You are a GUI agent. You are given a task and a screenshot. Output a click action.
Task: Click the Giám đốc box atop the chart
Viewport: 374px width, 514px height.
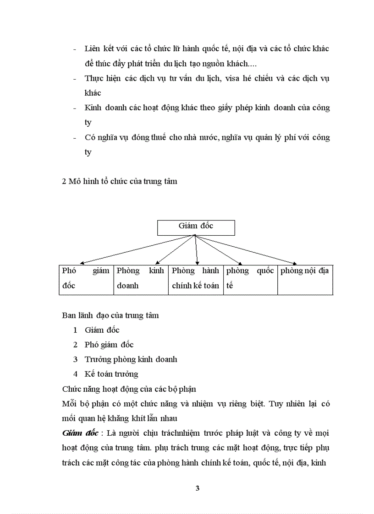(196, 227)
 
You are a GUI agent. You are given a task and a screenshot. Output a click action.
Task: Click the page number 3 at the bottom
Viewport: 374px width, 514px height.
(198, 488)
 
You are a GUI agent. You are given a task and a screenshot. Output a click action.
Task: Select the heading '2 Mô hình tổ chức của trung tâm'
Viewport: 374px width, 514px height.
(119, 181)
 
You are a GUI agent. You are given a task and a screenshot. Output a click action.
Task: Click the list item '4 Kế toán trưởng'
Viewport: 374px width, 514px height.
(105, 374)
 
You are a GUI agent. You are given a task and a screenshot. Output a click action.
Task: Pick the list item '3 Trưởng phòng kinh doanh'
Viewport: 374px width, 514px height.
(125, 359)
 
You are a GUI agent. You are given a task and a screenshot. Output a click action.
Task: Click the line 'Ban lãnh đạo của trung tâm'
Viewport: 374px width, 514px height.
(110, 315)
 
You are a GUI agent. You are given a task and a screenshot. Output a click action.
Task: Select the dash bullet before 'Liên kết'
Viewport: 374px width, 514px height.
(75, 49)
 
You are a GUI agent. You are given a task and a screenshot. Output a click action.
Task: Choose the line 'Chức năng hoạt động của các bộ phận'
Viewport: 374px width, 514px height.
(129, 389)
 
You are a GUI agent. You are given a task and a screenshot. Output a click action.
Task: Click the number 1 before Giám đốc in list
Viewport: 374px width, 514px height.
(75, 330)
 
